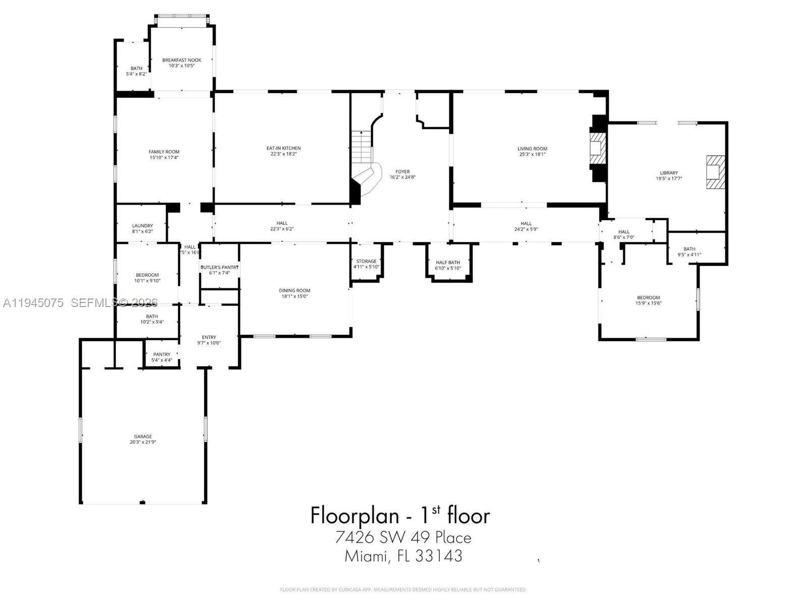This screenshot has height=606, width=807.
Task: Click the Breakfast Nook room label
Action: coord(182,60)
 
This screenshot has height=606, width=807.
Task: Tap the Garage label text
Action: coord(143,436)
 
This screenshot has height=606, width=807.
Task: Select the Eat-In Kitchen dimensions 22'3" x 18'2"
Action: coord(283,154)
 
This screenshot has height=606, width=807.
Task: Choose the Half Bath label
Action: coord(448,262)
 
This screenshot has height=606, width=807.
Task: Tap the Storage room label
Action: coord(366,261)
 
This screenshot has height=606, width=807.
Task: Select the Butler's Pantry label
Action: coord(219,267)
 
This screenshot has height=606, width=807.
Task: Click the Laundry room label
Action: coord(142,226)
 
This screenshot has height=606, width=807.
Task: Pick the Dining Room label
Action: coord(295,290)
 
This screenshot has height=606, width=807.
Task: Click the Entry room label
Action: coord(209,337)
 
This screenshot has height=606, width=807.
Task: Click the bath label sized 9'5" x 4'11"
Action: coord(689,251)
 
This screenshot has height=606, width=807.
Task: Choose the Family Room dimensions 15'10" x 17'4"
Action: coord(164,158)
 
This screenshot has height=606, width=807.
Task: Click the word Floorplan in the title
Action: coord(352,516)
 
